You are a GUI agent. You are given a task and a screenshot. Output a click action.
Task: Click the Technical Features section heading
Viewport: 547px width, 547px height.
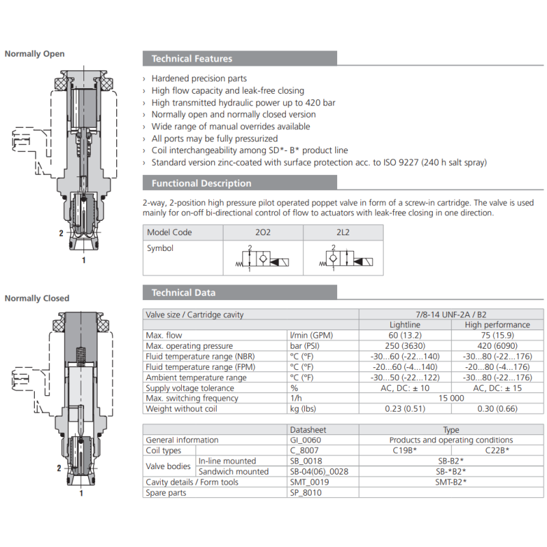(x=192, y=59)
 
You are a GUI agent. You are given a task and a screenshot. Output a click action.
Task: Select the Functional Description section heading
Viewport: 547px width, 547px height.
(x=202, y=183)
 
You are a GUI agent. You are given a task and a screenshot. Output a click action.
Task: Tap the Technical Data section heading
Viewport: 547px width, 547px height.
(x=184, y=293)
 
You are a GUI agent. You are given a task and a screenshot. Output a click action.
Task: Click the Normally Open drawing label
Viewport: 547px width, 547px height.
(x=35, y=54)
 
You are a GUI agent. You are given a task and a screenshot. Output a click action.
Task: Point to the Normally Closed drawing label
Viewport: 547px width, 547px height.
(x=37, y=298)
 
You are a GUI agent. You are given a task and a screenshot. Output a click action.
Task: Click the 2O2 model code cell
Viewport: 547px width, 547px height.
(x=263, y=232)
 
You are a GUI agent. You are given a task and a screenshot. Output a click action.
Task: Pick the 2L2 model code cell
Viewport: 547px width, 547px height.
(x=343, y=232)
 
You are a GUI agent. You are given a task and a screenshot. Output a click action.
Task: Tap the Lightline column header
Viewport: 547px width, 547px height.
(x=405, y=325)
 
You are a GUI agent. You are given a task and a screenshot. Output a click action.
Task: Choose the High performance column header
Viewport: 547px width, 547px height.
(x=497, y=325)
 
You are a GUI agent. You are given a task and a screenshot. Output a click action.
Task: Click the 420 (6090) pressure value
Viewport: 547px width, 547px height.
(x=497, y=346)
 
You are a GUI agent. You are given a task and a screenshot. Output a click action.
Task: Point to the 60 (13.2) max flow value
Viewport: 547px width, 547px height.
(x=405, y=335)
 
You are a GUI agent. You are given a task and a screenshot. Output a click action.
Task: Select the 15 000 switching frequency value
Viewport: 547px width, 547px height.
(x=451, y=398)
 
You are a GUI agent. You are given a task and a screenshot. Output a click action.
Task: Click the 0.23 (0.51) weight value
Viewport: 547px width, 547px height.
(x=405, y=409)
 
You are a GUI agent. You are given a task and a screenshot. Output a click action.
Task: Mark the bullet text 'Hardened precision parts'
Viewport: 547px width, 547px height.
(x=199, y=79)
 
